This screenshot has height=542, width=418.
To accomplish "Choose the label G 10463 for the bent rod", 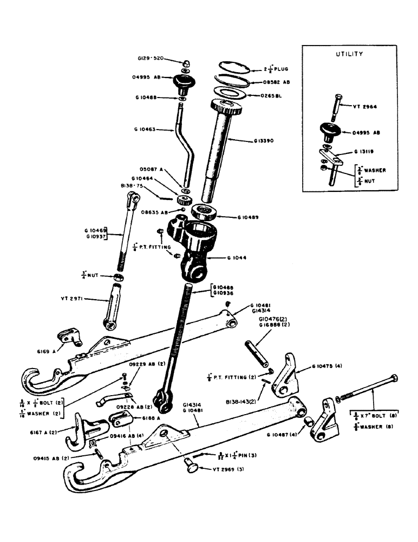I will (x=145, y=130).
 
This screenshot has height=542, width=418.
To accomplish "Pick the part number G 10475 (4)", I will (x=317, y=367).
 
